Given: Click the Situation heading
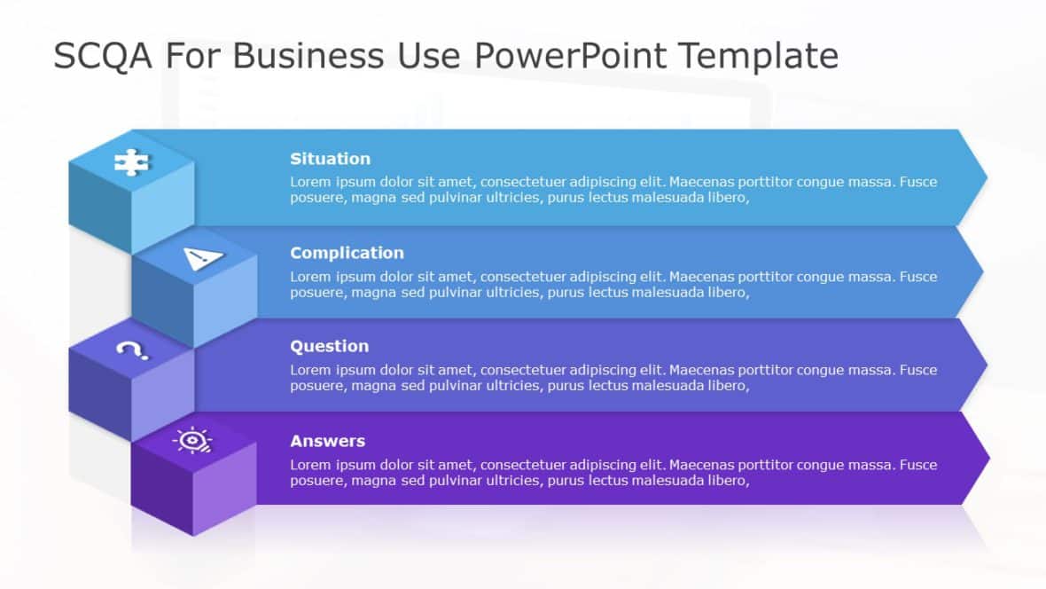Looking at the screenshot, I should pos(330,159).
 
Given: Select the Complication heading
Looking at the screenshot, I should pos(347,253).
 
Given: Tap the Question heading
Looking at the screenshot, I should pos(329,346).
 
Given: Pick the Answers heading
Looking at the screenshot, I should pos(327,441).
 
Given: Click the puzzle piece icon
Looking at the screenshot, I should pos(131,162).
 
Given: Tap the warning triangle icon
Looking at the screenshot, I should pos(203,258).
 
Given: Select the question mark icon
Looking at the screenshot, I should pos(132,350).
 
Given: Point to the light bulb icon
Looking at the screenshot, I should pos(192,441).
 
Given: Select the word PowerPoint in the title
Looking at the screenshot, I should pos(570,56).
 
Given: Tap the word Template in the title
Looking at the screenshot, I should pos(759,56).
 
